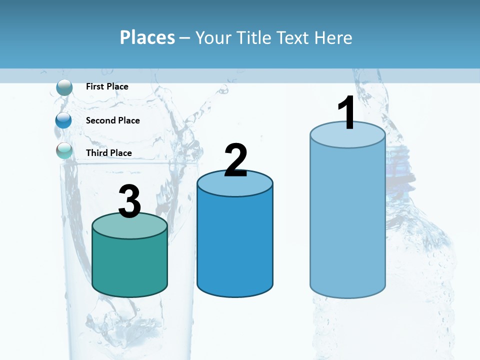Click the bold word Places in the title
147,37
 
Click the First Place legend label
107,86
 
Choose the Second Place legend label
112,120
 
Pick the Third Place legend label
108,153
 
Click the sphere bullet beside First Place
64,87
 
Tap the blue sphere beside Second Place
64,120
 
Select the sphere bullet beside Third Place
64,150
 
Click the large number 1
346,113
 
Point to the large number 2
235,160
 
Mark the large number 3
129,201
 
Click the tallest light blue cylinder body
347,220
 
